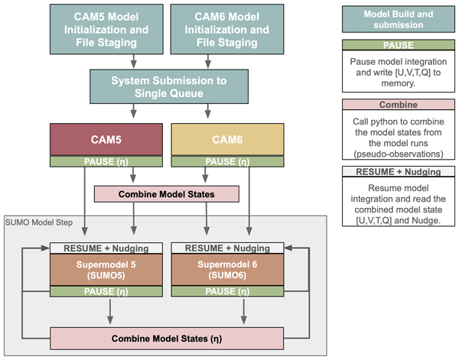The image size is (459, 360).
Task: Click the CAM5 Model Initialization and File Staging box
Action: click(x=106, y=29)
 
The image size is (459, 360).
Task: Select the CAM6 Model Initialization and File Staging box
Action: click(x=227, y=29)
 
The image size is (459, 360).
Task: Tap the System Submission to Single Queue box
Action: click(x=169, y=86)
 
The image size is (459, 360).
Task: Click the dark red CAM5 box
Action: click(x=106, y=140)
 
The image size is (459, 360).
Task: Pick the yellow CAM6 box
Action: click(x=227, y=140)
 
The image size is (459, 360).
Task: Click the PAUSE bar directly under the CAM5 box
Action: click(x=106, y=161)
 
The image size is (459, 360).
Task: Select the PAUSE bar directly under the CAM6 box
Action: click(x=227, y=161)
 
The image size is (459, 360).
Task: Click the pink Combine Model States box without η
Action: click(x=167, y=194)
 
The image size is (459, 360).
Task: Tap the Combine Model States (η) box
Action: click(x=167, y=339)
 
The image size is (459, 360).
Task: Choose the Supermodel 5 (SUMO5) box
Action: click(x=106, y=270)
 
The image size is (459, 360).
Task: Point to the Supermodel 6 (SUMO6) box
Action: click(x=227, y=270)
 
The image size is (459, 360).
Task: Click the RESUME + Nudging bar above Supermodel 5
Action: click(x=106, y=248)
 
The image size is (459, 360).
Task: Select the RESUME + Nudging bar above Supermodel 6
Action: click(x=227, y=248)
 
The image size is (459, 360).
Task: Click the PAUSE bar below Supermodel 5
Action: click(x=106, y=291)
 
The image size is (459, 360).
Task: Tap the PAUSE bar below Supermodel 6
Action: click(x=227, y=291)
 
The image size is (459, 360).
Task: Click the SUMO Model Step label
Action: click(x=39, y=222)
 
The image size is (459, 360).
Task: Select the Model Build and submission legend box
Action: click(x=399, y=19)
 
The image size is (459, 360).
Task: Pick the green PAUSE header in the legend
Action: click(x=399, y=45)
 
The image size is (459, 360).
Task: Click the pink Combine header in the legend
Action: click(x=399, y=105)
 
